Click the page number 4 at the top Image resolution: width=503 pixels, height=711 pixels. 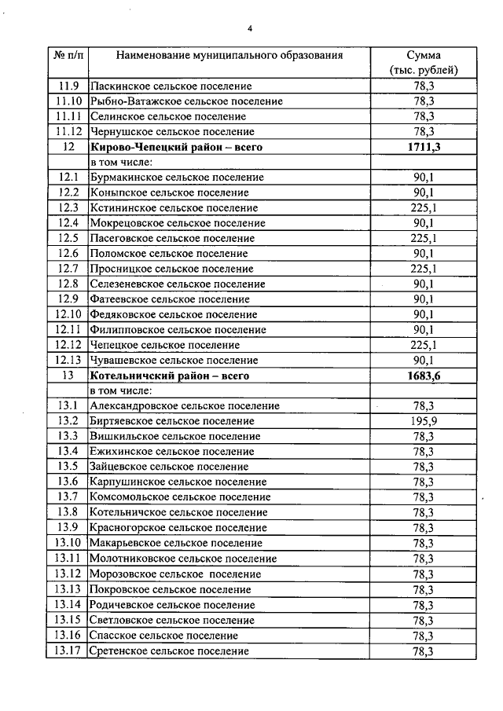(250, 30)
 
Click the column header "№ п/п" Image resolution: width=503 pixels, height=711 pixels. (69, 56)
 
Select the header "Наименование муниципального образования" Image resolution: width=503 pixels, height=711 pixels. (229, 56)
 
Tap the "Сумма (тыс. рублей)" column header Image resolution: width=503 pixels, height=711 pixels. (424, 63)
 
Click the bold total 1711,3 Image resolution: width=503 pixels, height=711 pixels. (424, 147)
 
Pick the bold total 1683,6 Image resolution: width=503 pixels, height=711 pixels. (424, 376)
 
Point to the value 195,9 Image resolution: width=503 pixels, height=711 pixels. (424, 422)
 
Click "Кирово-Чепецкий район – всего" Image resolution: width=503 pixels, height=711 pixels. (175, 147)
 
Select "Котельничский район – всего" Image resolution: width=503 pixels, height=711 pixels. (170, 376)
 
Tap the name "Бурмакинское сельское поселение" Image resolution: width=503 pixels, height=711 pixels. (177, 178)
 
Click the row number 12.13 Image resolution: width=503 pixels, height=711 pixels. (69, 361)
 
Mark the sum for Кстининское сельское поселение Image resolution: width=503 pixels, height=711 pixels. (424, 208)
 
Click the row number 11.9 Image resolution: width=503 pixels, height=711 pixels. (69, 86)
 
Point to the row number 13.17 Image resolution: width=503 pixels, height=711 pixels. (69, 651)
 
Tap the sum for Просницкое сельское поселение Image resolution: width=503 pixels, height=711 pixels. (424, 269)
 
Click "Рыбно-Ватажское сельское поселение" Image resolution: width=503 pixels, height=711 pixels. (186, 101)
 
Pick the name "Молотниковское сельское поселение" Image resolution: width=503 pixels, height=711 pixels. (183, 559)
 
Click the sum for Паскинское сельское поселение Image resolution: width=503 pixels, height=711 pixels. (424, 86)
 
